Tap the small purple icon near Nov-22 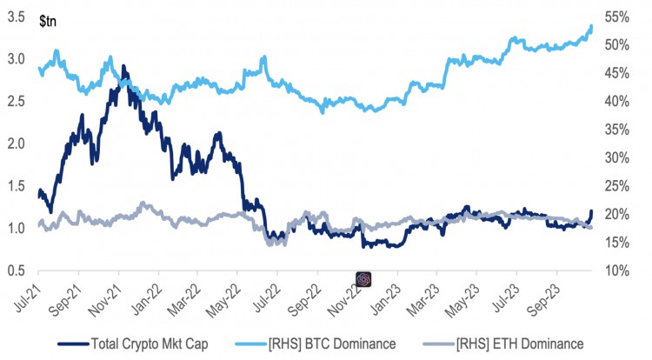pos(364,278)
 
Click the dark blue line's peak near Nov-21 pos(123,66)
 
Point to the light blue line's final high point pos(591,26)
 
